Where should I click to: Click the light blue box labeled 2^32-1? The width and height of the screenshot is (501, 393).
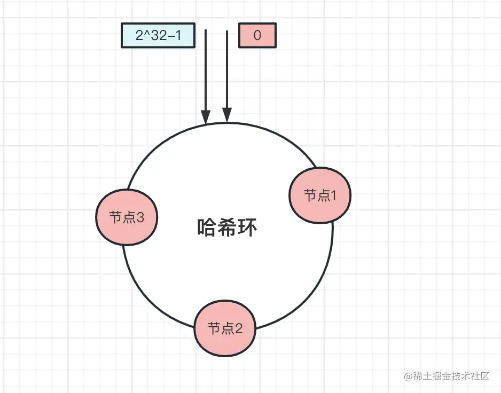tap(157, 36)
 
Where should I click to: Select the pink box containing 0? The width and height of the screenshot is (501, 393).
tap(257, 36)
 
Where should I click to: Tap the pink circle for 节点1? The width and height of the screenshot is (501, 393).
tap(320, 195)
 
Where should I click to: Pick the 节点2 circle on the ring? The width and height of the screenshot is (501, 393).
tap(225, 328)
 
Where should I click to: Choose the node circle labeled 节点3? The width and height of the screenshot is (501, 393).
tap(127, 217)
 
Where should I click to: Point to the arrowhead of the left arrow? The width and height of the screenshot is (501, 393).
tap(206, 117)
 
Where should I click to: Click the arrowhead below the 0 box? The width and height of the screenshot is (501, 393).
tap(227, 115)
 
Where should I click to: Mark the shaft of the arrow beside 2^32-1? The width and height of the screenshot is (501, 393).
tap(206, 69)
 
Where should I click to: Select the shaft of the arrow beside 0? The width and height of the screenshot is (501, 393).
tap(227, 69)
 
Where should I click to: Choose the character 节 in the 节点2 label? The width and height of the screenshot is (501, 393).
tap(214, 328)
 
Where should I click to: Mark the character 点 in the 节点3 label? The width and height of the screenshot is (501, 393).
tap(128, 217)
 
